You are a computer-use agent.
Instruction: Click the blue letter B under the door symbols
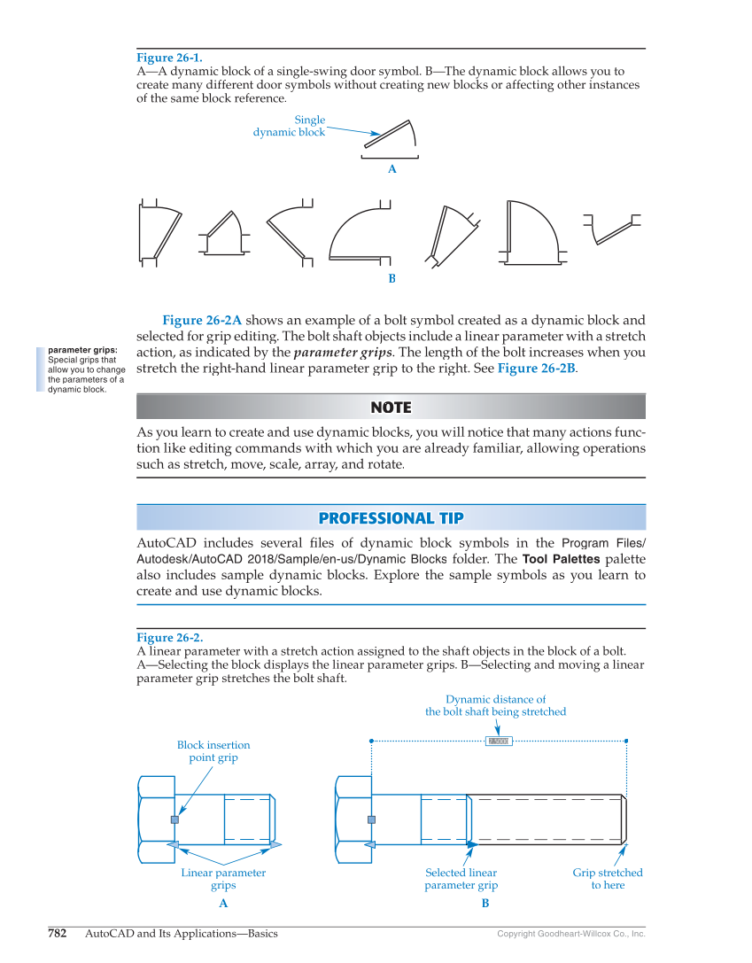(x=392, y=278)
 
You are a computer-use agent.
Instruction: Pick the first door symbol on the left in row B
(x=159, y=232)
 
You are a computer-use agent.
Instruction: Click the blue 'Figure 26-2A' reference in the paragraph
(x=202, y=320)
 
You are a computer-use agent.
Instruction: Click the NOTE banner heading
(x=391, y=408)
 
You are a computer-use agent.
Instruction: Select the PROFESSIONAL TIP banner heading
(x=391, y=518)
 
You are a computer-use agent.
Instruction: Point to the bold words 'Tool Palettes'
(x=562, y=559)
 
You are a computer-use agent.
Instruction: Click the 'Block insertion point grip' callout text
(x=213, y=751)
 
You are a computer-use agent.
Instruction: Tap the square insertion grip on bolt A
(x=174, y=819)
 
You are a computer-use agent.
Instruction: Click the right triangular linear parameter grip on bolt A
(x=275, y=844)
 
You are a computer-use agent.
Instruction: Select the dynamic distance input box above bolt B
(x=499, y=741)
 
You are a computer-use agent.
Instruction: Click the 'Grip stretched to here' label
(x=608, y=878)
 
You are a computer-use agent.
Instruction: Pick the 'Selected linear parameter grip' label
(x=461, y=878)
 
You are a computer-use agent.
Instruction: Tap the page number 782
(x=57, y=933)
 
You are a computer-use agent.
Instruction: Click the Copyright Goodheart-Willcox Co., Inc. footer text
(x=570, y=934)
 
